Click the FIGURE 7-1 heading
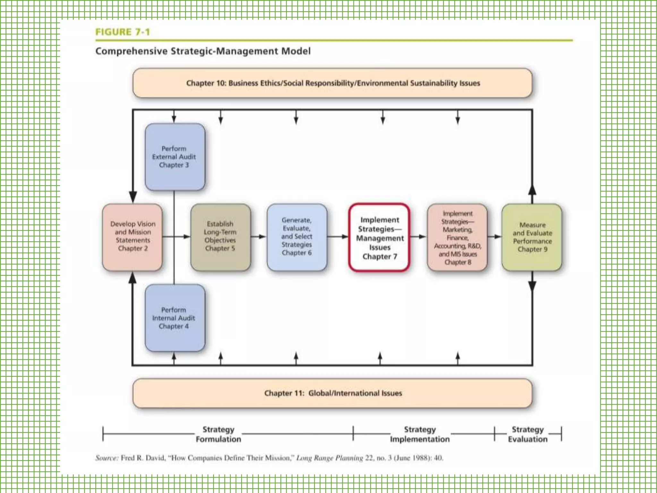coord(123,32)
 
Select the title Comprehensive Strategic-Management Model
coord(203,51)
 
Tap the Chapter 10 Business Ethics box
coord(332,83)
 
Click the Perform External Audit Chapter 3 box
coord(175,157)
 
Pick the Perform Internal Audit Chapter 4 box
coord(175,318)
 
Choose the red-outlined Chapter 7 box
coord(379,238)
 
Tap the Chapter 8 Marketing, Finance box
coord(457,238)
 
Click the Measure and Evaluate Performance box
coord(532,237)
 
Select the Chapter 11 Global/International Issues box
coord(332,393)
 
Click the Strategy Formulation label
coord(218,434)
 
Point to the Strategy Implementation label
coord(420,434)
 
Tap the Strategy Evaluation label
coord(528,434)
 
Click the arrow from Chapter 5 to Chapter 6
coord(259,237)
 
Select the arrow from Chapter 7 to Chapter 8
coord(418,237)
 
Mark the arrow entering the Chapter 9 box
coord(494,237)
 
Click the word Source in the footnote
coord(107,458)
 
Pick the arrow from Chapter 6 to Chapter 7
coord(338,237)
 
